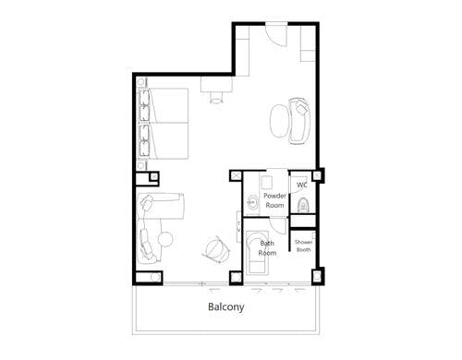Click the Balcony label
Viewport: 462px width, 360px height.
click(x=226, y=306)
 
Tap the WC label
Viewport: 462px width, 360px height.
click(x=302, y=185)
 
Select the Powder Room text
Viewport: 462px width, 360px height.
click(x=274, y=200)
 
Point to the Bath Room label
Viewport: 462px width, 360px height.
click(x=267, y=248)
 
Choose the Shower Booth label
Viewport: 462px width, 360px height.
click(x=303, y=246)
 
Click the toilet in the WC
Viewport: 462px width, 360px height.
click(x=303, y=205)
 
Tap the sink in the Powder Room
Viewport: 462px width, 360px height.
click(x=253, y=202)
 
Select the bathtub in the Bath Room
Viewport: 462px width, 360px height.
click(x=258, y=251)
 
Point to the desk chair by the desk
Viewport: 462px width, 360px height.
click(x=216, y=98)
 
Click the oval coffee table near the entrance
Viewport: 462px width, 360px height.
click(x=280, y=121)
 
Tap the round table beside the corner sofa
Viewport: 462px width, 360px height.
click(x=165, y=239)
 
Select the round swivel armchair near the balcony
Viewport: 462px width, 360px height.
click(x=216, y=249)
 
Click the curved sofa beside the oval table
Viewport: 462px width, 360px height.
click(x=299, y=121)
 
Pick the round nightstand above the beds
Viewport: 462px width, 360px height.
click(x=140, y=82)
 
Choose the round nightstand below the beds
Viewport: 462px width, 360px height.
click(x=140, y=166)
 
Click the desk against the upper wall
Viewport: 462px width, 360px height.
click(x=216, y=84)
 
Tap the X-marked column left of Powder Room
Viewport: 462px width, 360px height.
click(x=236, y=176)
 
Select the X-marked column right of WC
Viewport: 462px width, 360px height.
click(x=317, y=175)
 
